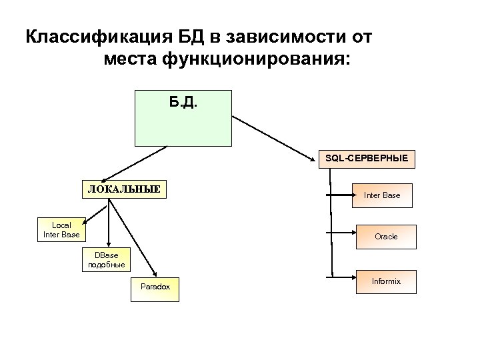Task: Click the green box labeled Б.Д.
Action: pos(183,118)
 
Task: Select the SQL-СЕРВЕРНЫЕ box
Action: pos(366,159)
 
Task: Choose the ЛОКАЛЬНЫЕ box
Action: pos(124,189)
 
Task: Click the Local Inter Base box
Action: pos(61,230)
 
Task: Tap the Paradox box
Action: pos(155,287)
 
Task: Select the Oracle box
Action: pos(385,237)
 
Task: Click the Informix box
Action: pos(385,281)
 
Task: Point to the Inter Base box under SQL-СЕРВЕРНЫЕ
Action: pos(382,195)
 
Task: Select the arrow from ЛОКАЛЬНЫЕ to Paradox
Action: pos(133,237)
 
